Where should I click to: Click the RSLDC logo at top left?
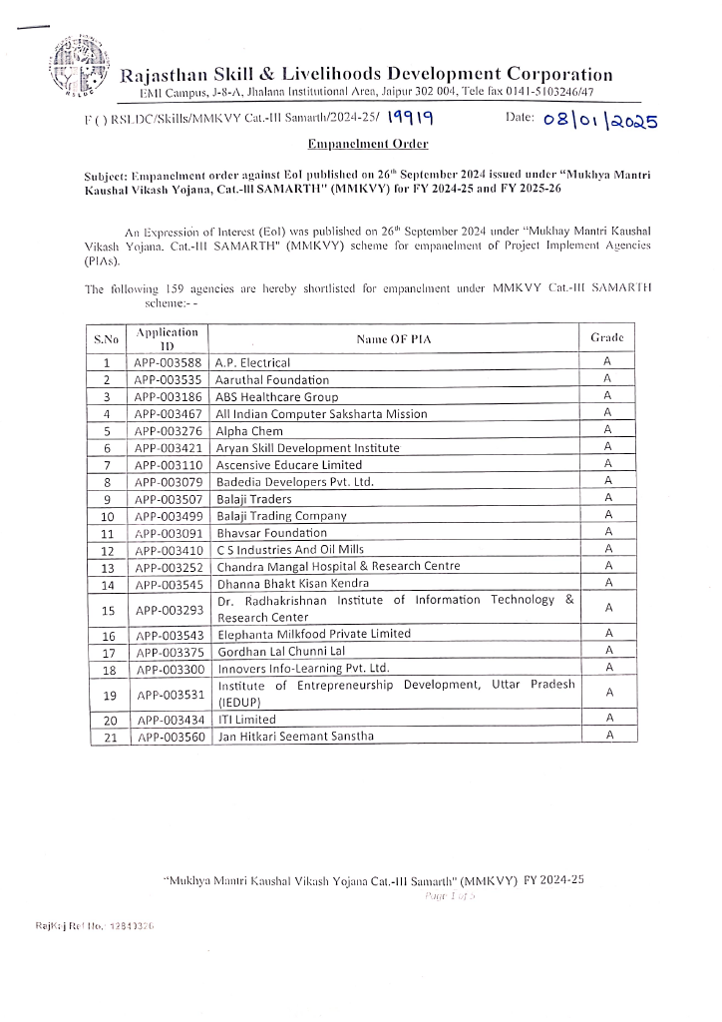(x=80, y=67)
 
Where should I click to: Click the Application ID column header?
(x=168, y=338)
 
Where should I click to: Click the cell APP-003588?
(x=168, y=363)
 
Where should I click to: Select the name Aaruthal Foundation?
(x=272, y=380)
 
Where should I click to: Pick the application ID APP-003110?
(x=168, y=465)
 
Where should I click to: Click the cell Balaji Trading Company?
(x=281, y=516)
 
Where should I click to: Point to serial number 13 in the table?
(x=108, y=567)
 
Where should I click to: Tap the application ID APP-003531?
(x=168, y=694)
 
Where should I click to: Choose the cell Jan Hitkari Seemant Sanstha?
(x=295, y=737)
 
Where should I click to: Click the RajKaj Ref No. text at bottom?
(x=95, y=927)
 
